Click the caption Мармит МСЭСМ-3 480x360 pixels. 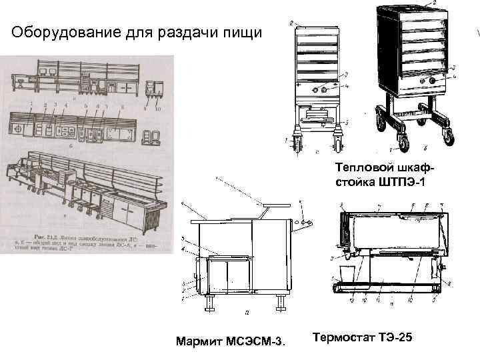point(229,342)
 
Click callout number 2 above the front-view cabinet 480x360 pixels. point(292,24)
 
